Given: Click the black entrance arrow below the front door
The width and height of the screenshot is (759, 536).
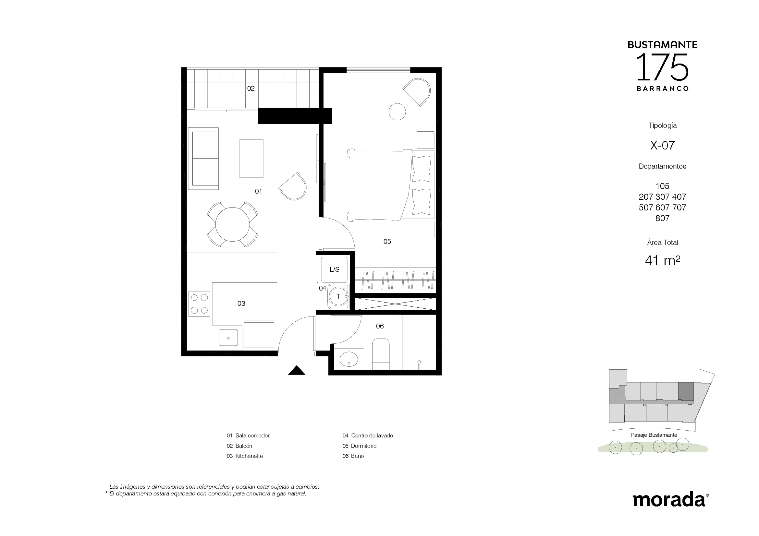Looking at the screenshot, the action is tap(297, 371).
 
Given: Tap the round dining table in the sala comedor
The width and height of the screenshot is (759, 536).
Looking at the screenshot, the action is tap(232, 225).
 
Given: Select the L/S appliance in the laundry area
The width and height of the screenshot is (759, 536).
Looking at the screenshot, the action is tap(335, 269).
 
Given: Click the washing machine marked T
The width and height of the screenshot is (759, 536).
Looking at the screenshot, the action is tap(338, 297).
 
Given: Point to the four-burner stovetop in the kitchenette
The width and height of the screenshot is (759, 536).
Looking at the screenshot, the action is tap(199, 304).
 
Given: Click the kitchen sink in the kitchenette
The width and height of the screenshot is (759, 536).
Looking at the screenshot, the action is tap(228, 338).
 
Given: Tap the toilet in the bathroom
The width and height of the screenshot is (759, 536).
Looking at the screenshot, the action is tap(381, 354).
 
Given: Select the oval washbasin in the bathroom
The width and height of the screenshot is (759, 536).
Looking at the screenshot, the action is tap(349, 359).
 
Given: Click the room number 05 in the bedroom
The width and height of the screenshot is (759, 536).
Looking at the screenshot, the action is tap(387, 242).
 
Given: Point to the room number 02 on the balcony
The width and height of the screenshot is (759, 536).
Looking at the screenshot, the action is tap(251, 89).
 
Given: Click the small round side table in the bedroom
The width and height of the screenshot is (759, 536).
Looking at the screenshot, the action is tap(397, 112).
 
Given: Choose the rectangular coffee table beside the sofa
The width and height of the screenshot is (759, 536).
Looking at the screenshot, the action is tap(251, 159).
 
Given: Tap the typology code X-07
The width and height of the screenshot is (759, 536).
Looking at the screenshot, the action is tap(662, 145).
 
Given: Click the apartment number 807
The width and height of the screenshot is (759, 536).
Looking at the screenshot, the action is tap(662, 218).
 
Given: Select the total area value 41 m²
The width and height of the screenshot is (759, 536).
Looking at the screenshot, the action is tap(663, 261).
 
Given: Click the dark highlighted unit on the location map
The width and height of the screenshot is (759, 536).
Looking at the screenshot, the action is tap(686, 392).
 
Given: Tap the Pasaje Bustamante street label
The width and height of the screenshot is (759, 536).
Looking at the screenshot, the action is tap(654, 435).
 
